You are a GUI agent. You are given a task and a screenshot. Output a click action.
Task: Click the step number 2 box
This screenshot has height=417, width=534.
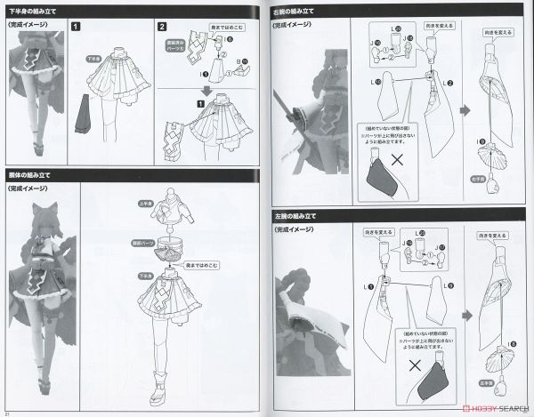tap(162, 28)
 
